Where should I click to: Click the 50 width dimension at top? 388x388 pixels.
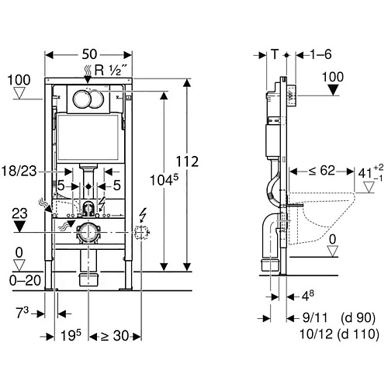tap(89, 54)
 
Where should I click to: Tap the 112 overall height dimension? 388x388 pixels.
tap(187, 162)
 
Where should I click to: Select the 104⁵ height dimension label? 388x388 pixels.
tap(165, 180)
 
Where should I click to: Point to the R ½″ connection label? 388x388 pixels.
tap(111, 70)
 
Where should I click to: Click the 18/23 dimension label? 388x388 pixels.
tap(19, 171)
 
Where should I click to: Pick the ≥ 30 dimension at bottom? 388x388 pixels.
tap(115, 336)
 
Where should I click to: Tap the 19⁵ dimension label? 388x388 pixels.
tap(71, 335)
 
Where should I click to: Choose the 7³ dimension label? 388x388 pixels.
tap(23, 313)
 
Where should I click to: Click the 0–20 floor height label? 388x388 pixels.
tap(25, 280)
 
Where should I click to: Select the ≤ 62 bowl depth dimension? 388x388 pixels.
tap(322, 171)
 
